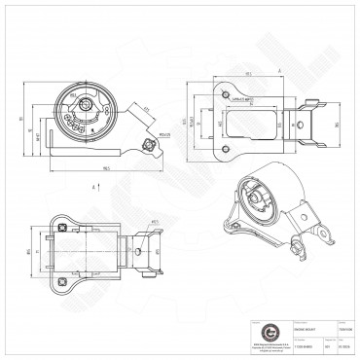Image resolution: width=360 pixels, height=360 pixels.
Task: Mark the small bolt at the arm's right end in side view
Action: [148, 146]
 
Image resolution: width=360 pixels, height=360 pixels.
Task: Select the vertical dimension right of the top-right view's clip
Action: [336, 125]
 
